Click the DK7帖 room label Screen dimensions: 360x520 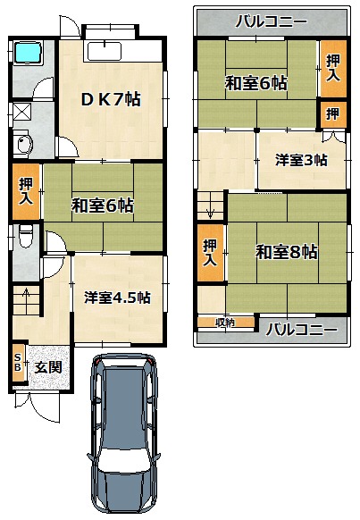coord(111,99)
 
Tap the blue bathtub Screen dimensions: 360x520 coord(28,52)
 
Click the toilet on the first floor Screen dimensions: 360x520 coord(26,236)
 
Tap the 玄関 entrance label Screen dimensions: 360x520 coord(48,367)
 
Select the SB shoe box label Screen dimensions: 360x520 coord(18,362)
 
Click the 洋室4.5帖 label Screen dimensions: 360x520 coord(117,298)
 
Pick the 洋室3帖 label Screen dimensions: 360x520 coord(301,160)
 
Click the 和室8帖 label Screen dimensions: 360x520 coord(287,252)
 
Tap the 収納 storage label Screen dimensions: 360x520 coord(225,322)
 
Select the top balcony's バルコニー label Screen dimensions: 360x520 coord(272,21)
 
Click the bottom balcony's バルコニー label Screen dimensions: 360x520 coord(301,330)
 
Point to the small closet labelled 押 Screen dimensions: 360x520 coord(333,114)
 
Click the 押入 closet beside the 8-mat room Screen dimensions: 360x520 coord(210,253)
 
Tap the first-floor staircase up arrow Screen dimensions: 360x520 coord(26,294)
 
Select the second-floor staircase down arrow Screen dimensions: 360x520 coord(211,213)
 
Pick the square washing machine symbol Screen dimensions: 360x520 coord(22,112)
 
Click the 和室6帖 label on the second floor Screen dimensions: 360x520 coord(256,83)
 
